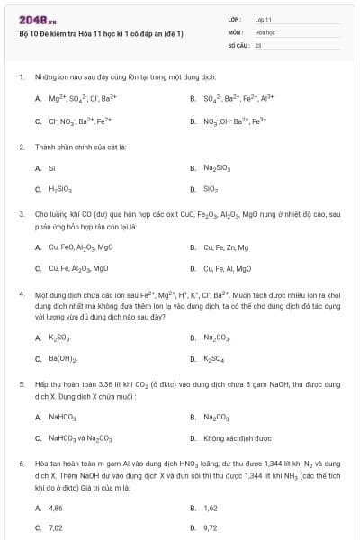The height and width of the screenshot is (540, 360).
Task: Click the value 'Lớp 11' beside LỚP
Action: [264, 19]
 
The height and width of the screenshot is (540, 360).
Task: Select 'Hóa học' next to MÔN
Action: [265, 31]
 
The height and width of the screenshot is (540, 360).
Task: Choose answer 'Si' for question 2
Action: [52, 167]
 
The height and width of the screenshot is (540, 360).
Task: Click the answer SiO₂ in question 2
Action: [211, 190]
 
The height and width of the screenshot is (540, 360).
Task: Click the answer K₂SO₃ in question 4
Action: [59, 337]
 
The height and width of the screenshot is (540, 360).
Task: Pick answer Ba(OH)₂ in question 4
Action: [62, 359]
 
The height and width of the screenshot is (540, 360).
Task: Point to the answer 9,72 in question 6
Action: [211, 528]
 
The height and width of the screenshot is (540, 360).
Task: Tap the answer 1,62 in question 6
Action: [211, 508]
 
